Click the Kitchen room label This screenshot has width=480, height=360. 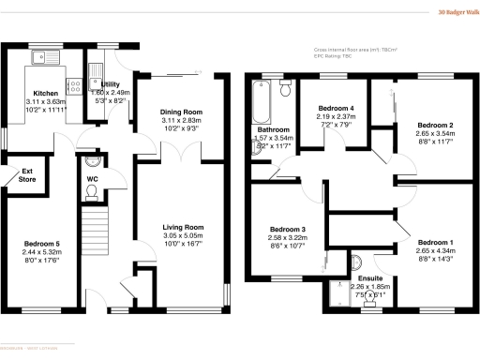(46, 94)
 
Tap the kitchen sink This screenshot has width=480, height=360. (43, 58)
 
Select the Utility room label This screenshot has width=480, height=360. (106, 83)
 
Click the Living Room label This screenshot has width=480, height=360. (183, 227)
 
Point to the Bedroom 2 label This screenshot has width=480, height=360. (435, 125)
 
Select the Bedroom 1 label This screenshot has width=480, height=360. (436, 242)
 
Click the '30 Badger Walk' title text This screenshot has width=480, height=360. (454, 13)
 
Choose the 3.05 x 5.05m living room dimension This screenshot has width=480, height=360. (183, 236)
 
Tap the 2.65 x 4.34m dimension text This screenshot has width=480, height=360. (436, 251)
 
